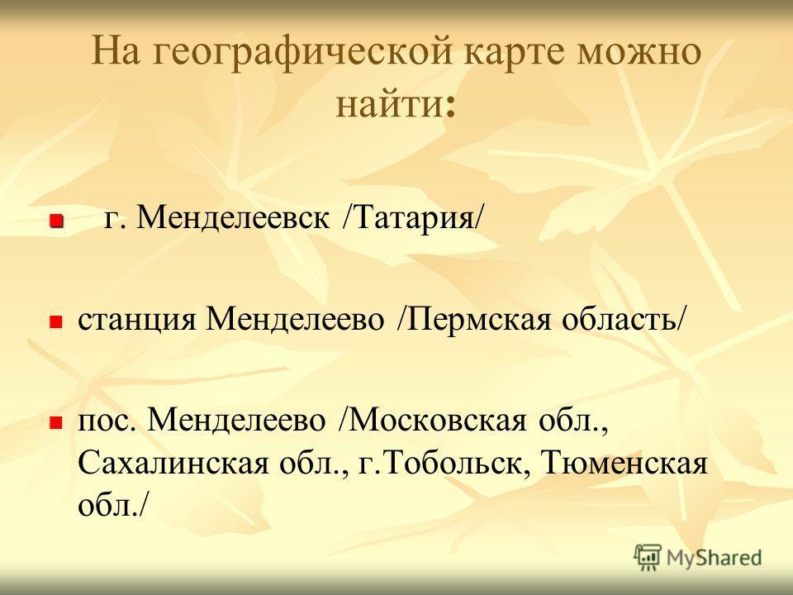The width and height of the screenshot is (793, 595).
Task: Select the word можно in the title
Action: pyautogui.click(x=639, y=51)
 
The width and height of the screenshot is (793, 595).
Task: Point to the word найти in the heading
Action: pyautogui.click(x=389, y=104)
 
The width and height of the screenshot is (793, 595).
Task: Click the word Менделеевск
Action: pyautogui.click(x=233, y=218)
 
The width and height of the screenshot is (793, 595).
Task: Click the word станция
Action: pyautogui.click(x=136, y=320)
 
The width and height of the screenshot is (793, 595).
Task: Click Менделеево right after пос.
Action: pyautogui.click(x=236, y=420)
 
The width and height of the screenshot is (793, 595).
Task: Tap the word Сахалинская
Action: pyautogui.click(x=173, y=463)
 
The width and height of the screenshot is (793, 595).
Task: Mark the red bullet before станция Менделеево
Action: pyautogui.click(x=55, y=321)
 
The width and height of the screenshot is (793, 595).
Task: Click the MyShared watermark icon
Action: pyautogui.click(x=648, y=557)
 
